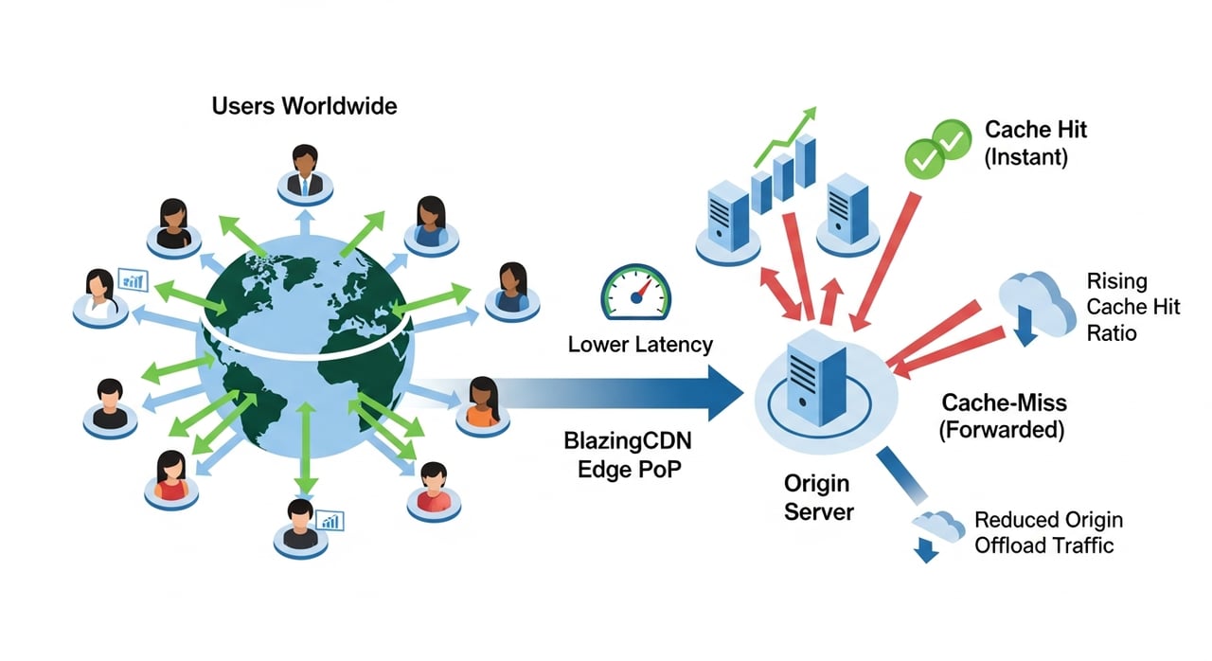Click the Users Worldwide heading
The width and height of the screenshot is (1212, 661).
coord(304,105)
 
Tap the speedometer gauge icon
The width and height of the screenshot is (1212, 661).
coord(634,290)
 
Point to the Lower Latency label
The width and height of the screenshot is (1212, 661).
coord(640,344)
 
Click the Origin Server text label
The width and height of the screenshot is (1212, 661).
coord(819,498)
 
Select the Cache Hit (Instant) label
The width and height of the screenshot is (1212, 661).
coord(1036,144)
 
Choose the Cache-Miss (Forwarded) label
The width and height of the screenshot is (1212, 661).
coord(1003,416)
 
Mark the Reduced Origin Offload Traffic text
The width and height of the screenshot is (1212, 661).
coord(1047,532)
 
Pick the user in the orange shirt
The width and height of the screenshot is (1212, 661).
coord(482,404)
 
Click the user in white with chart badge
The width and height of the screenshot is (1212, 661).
coord(101,295)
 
